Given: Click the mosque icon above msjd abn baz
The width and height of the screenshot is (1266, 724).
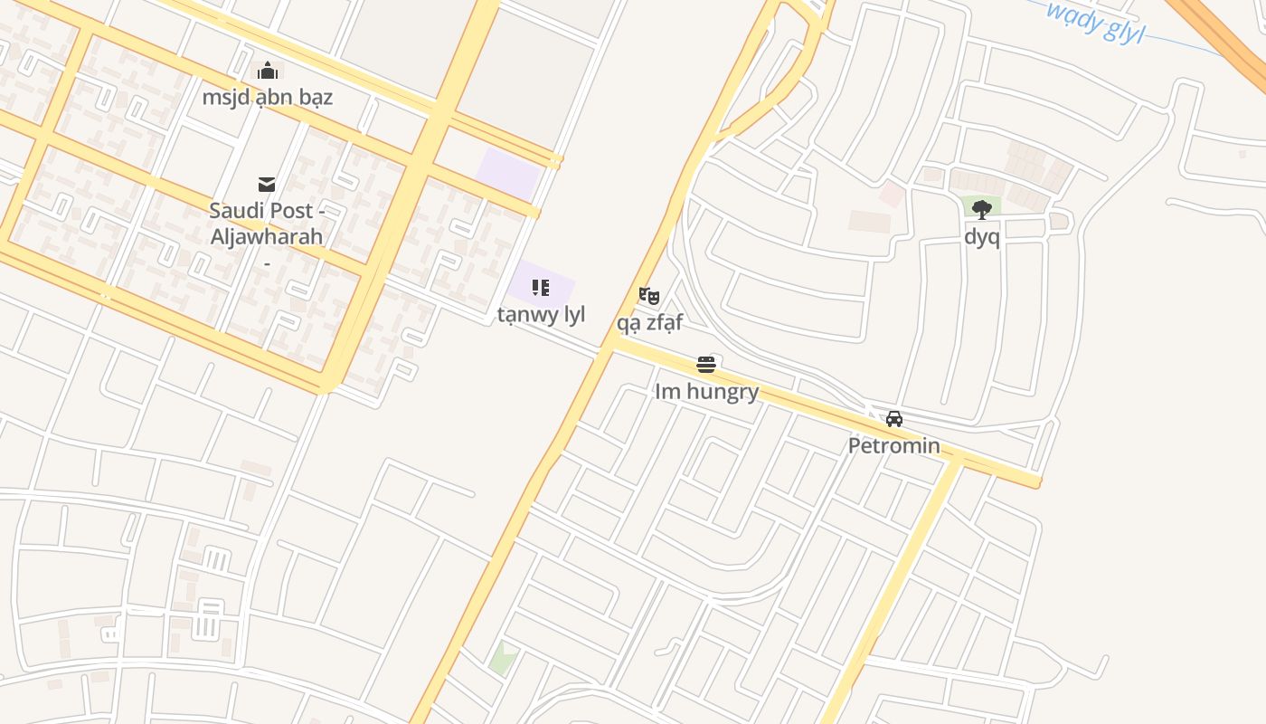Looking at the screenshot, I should coord(267,71).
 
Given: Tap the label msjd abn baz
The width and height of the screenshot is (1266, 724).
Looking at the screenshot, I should coord(267,97).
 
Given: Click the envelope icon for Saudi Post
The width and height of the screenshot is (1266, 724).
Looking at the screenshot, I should coord(267,185).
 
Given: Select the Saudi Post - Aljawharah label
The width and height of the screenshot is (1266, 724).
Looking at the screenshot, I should coord(267,224).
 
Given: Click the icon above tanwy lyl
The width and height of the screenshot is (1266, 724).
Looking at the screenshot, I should coord(541,288).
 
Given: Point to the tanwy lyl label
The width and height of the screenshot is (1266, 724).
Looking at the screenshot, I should coord(541,314).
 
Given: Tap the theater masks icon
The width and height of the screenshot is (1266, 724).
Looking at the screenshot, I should coord(649,295).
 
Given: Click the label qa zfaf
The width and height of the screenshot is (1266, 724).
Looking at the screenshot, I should coord(649,321).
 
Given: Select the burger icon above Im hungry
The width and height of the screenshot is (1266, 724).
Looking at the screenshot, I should coord(706,365).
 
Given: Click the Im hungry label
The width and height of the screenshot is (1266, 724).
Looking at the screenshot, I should coord(706,391).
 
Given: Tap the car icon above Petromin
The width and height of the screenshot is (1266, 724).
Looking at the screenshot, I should coord(894,419).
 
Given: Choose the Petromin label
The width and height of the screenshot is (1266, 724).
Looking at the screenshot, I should coord(893,445).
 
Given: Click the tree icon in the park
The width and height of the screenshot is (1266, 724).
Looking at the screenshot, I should coord(982,210).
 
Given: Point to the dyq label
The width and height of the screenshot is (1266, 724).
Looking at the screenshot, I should coord(982,237).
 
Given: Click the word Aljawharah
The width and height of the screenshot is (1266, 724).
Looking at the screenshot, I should coord(267,236).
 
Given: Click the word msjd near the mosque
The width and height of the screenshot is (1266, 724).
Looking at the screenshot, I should coord(222,97).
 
